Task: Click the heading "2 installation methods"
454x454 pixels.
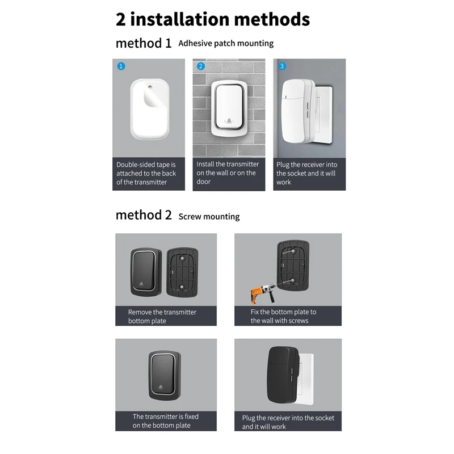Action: tap(212, 19)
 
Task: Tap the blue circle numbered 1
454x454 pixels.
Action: tap(121, 66)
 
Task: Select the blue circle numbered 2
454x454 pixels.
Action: tap(201, 66)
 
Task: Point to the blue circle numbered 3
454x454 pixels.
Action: tap(281, 66)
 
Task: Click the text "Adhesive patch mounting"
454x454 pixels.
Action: tap(226, 44)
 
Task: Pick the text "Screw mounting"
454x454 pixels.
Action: tap(209, 217)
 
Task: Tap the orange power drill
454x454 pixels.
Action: tap(263, 293)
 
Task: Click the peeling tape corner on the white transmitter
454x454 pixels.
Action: tap(153, 97)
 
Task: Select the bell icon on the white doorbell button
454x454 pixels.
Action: tap(229, 121)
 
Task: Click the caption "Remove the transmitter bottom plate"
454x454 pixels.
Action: tap(162, 317)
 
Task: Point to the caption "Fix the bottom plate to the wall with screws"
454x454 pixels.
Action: tap(283, 316)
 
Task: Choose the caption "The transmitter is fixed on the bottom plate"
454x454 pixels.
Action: tap(165, 421)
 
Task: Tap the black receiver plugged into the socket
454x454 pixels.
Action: tap(282, 375)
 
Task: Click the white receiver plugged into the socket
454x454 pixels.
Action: tap(299, 111)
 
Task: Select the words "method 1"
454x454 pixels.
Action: tap(144, 44)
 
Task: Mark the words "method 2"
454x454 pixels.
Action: tap(144, 215)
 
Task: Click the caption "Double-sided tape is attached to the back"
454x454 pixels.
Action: tap(146, 169)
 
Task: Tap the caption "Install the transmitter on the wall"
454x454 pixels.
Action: tap(228, 169)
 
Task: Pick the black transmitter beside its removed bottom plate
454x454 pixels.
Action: tap(146, 272)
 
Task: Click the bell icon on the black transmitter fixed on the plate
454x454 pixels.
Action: tap(161, 388)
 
